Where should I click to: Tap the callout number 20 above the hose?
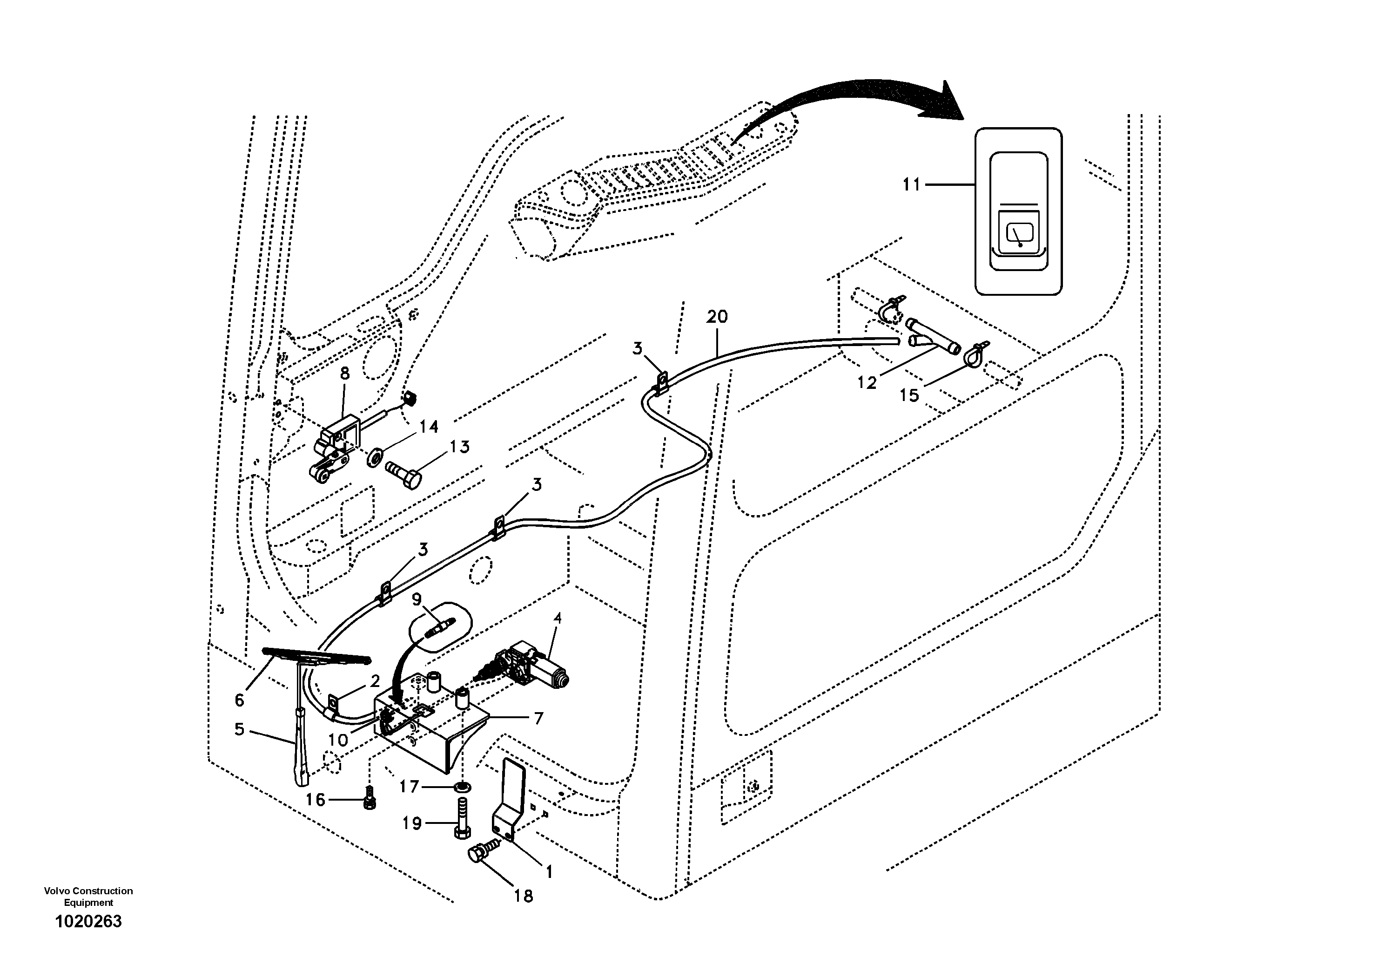click(717, 316)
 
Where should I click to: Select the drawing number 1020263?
click(89, 922)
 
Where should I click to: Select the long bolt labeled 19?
click(462, 818)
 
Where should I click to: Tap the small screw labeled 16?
click(369, 799)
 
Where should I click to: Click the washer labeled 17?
click(463, 787)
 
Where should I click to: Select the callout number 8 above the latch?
click(344, 374)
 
